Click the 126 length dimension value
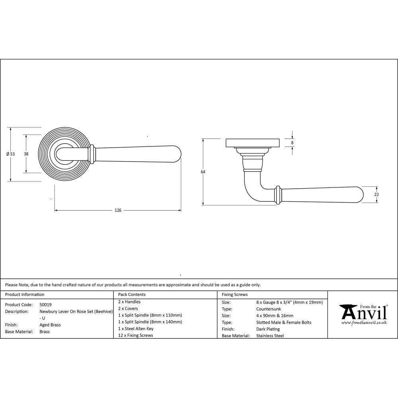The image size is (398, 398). pyautogui.click(x=118, y=210)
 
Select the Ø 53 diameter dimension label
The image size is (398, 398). pyautogui.click(x=11, y=154)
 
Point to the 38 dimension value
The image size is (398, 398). pyautogui.click(x=26, y=154)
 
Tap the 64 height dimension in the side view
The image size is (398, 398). pyautogui.click(x=203, y=172)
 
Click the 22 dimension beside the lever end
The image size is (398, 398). pyautogui.click(x=377, y=195)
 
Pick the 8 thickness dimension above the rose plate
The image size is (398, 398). pyautogui.click(x=292, y=142)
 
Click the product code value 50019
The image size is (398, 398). pyautogui.click(x=45, y=304)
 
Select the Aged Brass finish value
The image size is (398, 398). pyautogui.click(x=50, y=325)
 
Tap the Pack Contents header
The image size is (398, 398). pyautogui.click(x=132, y=295)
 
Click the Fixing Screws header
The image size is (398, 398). pyautogui.click(x=234, y=295)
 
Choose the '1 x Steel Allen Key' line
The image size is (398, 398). pyautogui.click(x=136, y=328)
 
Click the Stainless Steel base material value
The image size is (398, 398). pyautogui.click(x=270, y=336)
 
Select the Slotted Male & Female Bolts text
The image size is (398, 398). pyautogui.click(x=284, y=322)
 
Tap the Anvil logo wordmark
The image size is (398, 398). pyautogui.click(x=363, y=313)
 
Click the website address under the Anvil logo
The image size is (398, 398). pyautogui.click(x=364, y=322)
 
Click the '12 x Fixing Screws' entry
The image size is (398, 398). pyautogui.click(x=135, y=335)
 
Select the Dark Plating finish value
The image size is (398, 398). pyautogui.click(x=268, y=329)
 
